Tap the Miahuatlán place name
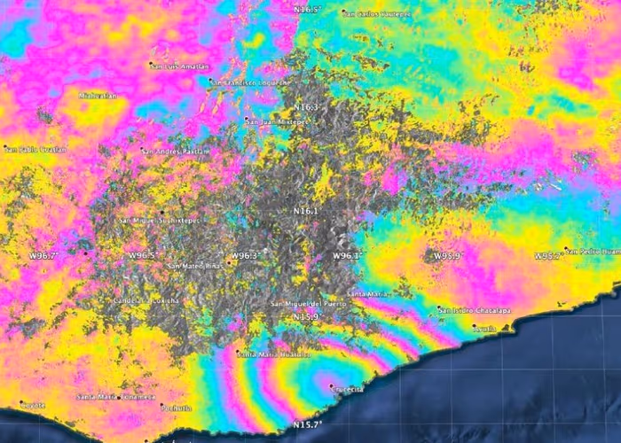coord(98,94)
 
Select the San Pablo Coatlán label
coord(35,150)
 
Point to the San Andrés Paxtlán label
coord(177,151)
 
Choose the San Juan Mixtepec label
coord(275,120)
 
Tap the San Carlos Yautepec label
coord(377,14)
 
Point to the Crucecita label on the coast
coord(346,389)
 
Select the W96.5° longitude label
coord(140,255)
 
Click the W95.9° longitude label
coord(448,256)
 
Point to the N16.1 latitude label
coord(305,211)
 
